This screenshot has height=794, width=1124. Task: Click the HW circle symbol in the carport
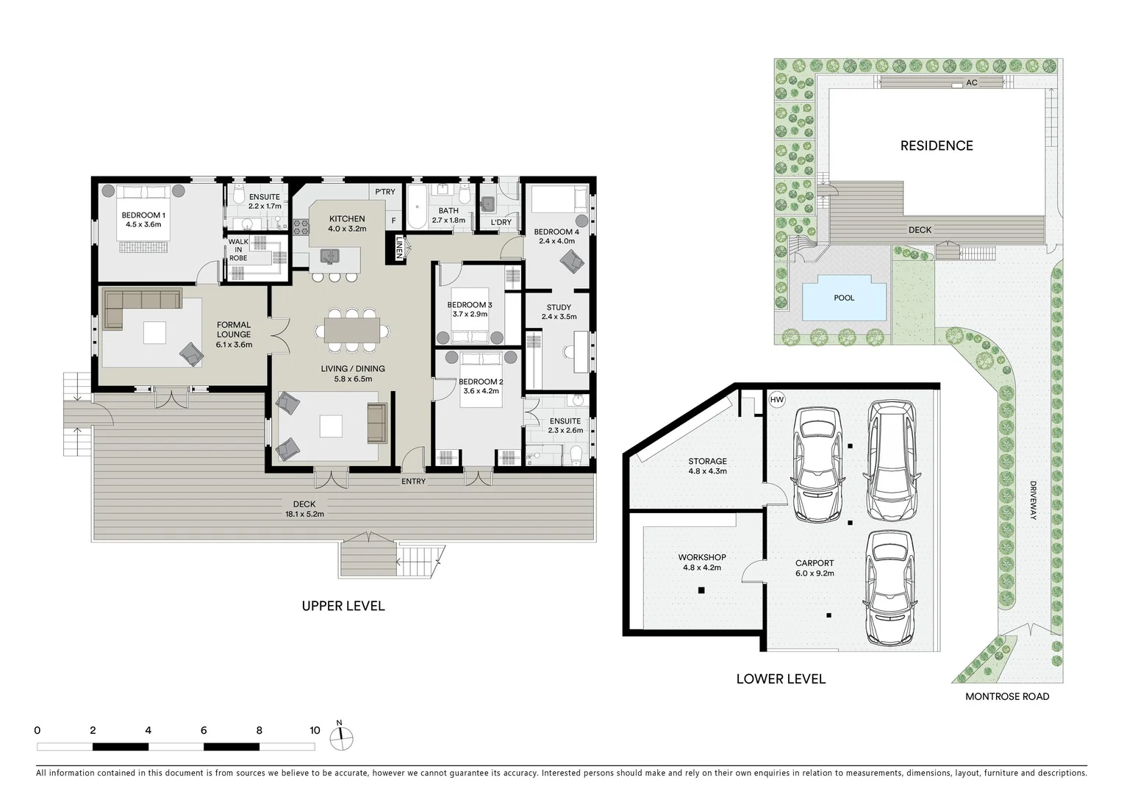(776, 399)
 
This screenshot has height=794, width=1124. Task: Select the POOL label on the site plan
(843, 298)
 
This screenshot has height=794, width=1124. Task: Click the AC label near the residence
(971, 82)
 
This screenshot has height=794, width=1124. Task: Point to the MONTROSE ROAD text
(1007, 696)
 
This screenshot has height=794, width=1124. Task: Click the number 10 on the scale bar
(315, 730)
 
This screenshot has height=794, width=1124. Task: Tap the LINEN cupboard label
(399, 248)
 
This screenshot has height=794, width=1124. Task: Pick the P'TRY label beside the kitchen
(385, 191)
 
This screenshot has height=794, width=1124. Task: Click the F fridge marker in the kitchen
(393, 221)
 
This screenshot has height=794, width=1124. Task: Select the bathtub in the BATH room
(417, 207)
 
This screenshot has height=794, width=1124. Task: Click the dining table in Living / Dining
(351, 331)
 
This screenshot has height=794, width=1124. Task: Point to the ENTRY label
(413, 482)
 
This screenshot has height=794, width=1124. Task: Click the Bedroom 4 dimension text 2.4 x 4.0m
(556, 241)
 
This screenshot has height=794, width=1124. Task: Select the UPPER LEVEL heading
(343, 606)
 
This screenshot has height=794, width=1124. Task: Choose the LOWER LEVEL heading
(781, 679)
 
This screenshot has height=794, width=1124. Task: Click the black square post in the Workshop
(701, 590)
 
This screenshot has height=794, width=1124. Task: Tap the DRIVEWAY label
(1033, 500)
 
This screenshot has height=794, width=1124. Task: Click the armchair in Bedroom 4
(572, 261)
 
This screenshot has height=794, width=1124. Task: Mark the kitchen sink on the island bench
(330, 255)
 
